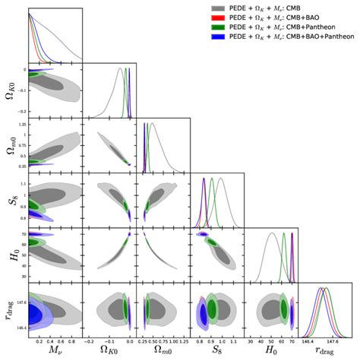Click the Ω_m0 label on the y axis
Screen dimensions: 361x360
[x=8, y=145]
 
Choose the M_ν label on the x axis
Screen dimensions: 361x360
[x=54, y=352]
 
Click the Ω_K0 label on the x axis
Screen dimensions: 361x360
[x=108, y=352]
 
